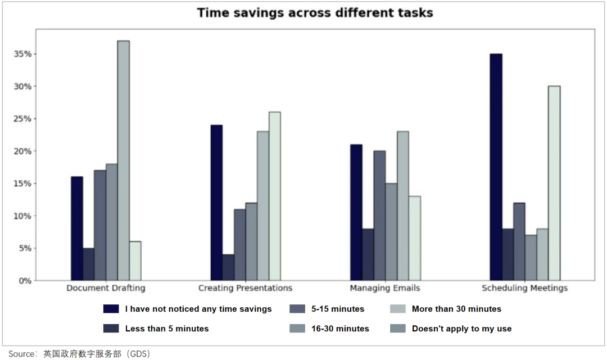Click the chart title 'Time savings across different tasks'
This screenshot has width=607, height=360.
(x=315, y=13)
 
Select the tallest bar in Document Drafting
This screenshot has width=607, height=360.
(x=124, y=160)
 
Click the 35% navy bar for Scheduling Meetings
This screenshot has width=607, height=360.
(x=496, y=167)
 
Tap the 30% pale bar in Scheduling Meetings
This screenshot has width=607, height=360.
(x=554, y=183)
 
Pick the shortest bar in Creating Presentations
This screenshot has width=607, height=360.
(x=228, y=267)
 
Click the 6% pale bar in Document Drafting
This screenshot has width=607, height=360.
(x=135, y=261)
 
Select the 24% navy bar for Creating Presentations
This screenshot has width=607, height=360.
(x=216, y=202)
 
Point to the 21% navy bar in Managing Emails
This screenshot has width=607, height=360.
(x=356, y=212)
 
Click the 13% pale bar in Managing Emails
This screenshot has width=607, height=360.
(x=415, y=238)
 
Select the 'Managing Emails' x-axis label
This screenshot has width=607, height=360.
(x=385, y=288)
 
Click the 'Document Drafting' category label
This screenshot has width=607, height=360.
(x=106, y=288)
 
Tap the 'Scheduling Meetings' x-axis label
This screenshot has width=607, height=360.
(x=524, y=288)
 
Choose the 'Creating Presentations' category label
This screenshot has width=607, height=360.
(x=245, y=288)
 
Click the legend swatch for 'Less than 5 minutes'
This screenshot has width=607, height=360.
(x=111, y=329)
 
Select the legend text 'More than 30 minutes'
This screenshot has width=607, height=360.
(x=456, y=309)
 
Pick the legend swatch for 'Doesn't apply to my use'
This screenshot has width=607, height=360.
(x=397, y=329)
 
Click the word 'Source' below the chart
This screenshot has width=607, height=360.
(x=21, y=354)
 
